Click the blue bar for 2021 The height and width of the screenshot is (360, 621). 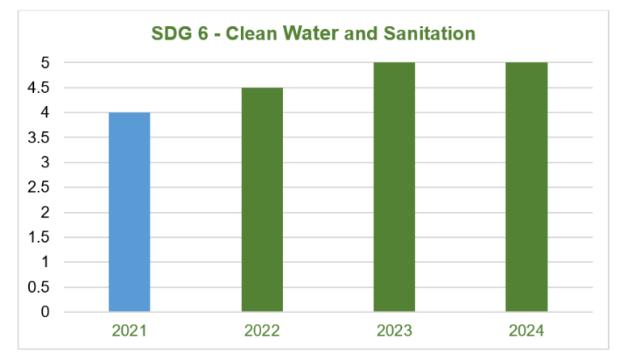click(x=129, y=212)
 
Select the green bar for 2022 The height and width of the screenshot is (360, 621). click(x=262, y=200)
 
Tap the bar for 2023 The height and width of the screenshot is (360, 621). click(x=394, y=187)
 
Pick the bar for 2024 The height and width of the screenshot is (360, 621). click(x=526, y=187)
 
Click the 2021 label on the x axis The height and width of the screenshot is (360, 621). click(x=129, y=330)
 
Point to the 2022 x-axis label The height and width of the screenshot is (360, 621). click(x=262, y=330)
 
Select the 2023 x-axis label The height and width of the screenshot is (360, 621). click(x=394, y=330)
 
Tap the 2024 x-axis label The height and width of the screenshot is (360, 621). click(x=526, y=330)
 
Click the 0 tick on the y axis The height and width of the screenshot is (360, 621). click(x=45, y=312)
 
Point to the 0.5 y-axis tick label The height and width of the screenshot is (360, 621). click(x=40, y=287)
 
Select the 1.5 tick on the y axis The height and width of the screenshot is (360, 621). click(x=40, y=237)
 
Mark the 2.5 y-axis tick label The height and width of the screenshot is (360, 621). click(x=40, y=188)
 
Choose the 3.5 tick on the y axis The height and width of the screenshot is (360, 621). click(x=40, y=138)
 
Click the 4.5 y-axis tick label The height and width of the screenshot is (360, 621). click(x=40, y=87)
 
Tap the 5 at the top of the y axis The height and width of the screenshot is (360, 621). click(x=45, y=62)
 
